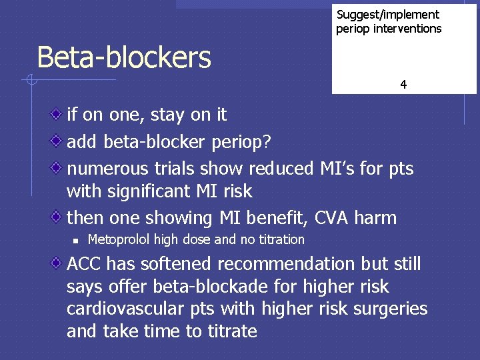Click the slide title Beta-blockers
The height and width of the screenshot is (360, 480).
point(124,57)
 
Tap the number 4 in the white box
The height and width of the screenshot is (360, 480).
point(403,85)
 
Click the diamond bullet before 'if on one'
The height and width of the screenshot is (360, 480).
point(59,114)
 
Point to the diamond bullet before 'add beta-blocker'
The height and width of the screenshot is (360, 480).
point(59,141)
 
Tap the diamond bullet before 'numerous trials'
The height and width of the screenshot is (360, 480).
point(59,167)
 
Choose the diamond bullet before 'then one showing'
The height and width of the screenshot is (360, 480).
point(59,217)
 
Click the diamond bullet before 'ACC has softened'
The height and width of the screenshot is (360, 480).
point(59,263)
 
